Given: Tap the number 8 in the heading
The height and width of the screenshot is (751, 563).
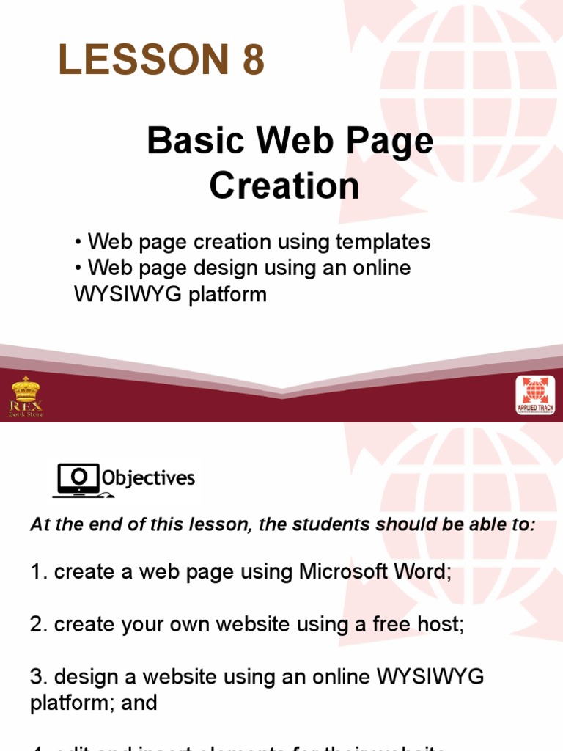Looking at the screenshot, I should coord(252,60).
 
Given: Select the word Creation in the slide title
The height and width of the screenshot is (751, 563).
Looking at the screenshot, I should coord(284,186).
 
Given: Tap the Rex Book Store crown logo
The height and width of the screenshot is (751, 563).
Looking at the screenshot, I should coord(26,396).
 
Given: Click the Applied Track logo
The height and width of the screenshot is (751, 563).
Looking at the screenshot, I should coord(535,396).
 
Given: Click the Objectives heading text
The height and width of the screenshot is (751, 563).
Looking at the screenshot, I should coord(149,479).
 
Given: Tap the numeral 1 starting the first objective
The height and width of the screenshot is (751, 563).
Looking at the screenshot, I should coord(36,572).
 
